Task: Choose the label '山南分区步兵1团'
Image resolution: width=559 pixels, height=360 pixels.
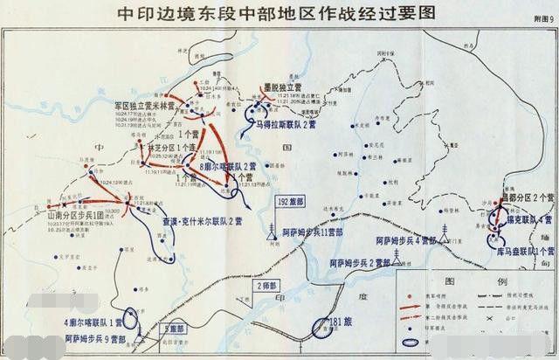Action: click(x=70, y=213)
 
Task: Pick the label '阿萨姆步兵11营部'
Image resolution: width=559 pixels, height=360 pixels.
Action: click(x=314, y=233)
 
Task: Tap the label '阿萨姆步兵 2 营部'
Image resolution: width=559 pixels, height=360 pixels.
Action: click(x=359, y=261)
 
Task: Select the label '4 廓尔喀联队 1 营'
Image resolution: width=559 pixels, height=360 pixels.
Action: click(x=93, y=322)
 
